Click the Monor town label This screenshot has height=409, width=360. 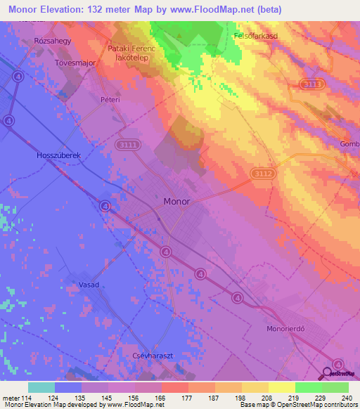click(x=176, y=201)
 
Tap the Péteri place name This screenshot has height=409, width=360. click(x=110, y=100)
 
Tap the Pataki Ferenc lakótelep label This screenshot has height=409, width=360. click(x=133, y=53)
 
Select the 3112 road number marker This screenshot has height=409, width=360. click(x=263, y=173)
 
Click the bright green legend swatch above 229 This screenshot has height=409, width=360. click(x=309, y=387)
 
